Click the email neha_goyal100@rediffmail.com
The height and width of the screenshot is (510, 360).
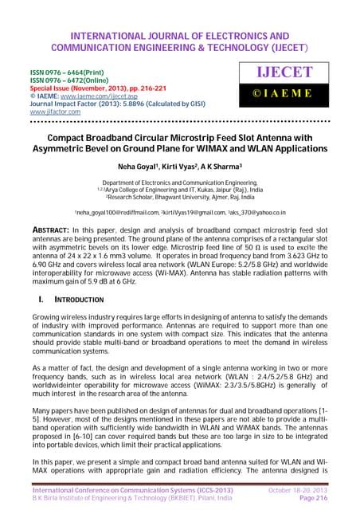coord(115,214)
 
